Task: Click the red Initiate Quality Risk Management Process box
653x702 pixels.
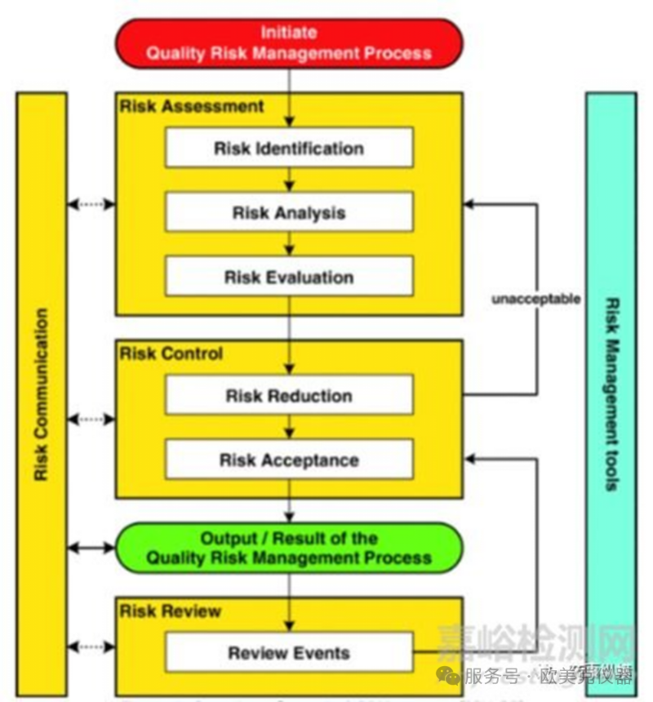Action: [x=289, y=42]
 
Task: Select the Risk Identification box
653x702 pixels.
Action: [x=289, y=149]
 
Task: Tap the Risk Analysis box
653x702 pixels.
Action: [x=289, y=213]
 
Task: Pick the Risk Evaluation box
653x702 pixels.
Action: [x=289, y=278]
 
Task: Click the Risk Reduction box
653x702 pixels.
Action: [x=289, y=396]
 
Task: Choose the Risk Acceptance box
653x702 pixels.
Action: [x=289, y=460]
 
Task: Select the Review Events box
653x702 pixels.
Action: [x=289, y=653]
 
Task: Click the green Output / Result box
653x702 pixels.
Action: [x=289, y=548]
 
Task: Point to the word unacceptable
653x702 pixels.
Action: [x=535, y=299]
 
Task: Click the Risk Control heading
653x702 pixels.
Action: [x=171, y=354]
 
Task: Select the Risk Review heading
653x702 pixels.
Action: [x=171, y=611]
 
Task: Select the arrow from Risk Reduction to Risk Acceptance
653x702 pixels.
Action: [x=289, y=428]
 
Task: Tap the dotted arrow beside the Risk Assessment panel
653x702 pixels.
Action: [x=91, y=204]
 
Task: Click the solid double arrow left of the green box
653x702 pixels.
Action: [x=91, y=548]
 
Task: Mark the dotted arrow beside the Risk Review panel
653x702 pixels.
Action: [x=91, y=647]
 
